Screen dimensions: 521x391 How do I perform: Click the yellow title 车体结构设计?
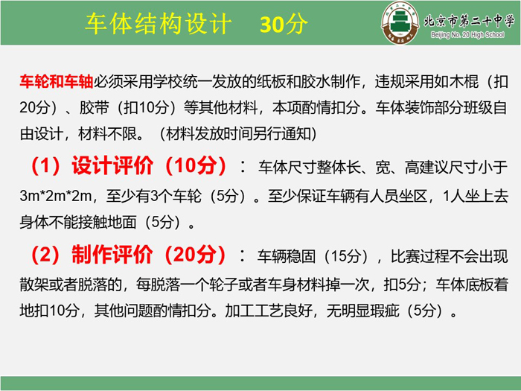158,24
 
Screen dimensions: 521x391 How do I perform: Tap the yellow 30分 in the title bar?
284,25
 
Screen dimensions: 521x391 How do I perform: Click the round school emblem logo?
400,23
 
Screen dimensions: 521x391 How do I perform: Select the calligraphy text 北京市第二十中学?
469,22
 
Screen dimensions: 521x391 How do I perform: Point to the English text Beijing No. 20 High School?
467,35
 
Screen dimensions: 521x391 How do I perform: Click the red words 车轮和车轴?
56,81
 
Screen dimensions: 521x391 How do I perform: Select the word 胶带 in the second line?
95,107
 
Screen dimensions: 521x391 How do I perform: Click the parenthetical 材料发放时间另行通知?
238,134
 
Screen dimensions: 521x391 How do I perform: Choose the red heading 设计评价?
112,165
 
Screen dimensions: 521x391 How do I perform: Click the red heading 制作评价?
112,255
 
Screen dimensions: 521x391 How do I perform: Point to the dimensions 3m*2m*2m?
56,196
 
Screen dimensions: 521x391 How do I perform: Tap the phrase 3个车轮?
176,196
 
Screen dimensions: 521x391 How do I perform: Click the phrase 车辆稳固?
287,256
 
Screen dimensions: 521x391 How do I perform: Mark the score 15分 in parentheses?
345,256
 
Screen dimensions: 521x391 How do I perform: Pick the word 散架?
34,284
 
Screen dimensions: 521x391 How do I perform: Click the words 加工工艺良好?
269,311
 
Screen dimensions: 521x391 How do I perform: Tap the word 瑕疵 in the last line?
385,311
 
